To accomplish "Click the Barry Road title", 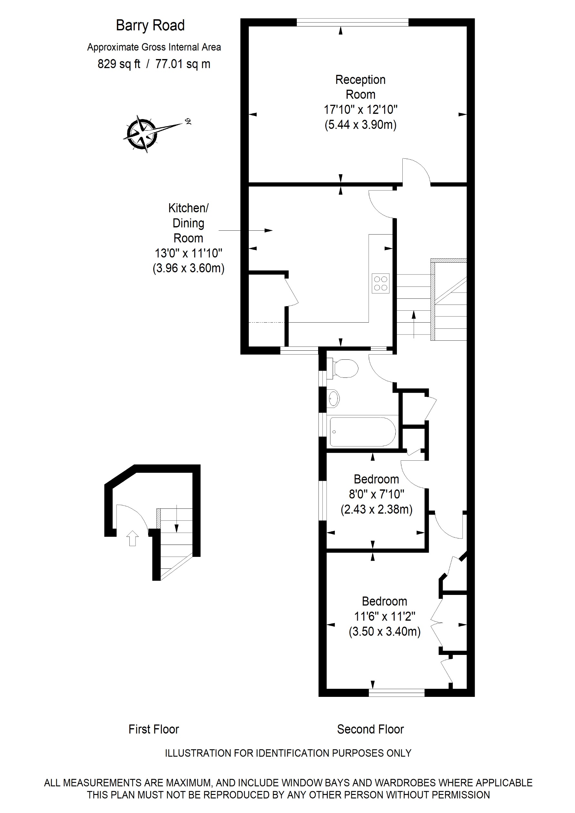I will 150,25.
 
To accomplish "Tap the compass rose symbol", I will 142,133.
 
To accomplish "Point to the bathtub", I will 362,432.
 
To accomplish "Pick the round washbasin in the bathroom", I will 334,398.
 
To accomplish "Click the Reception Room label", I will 360,87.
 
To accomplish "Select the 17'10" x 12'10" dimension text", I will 360,110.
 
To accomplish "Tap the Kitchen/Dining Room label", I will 188,223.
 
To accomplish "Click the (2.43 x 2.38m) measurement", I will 376,509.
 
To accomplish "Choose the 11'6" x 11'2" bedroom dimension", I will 385,617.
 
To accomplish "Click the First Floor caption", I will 154,729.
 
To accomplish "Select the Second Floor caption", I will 370,729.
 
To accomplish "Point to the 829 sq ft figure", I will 119,64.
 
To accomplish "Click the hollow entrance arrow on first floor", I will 132,538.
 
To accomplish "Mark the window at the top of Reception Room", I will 352,22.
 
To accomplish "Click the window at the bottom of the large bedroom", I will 397,693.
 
